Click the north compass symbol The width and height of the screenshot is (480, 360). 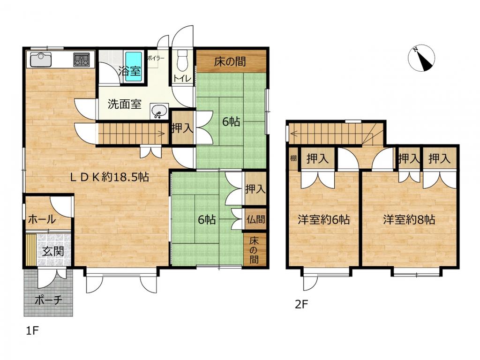click(421, 58)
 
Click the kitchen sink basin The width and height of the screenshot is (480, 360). click(41, 59)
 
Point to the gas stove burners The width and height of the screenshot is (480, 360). click(82, 60)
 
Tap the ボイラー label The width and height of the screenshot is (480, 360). click(156, 58)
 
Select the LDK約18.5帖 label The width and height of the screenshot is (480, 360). click(110, 177)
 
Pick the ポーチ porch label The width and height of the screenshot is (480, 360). click(49, 300)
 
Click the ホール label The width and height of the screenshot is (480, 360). click(42, 219)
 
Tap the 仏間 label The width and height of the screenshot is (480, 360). click(255, 219)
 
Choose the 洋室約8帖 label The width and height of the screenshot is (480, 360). click(409, 219)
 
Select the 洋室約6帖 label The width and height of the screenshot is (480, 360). click(324, 219)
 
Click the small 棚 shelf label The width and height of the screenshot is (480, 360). click(293, 158)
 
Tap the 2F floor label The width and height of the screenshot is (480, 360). click(301, 305)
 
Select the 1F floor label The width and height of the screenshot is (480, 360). click(32, 331)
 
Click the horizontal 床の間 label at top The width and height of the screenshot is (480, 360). click(230, 61)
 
